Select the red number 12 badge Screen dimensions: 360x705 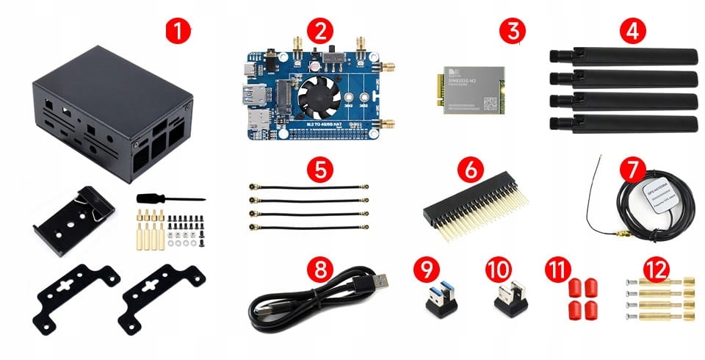[x=657, y=267]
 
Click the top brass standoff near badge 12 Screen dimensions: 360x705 [x=661, y=284]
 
